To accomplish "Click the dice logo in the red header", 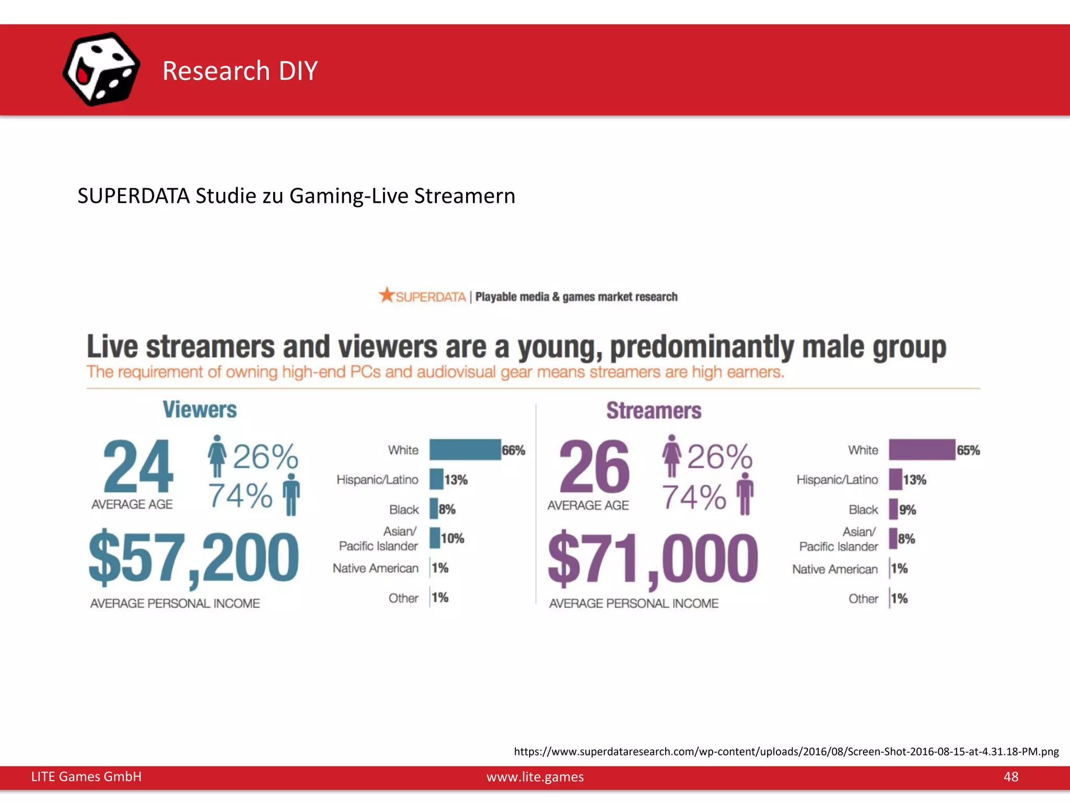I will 101,69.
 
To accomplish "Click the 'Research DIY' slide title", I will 240,71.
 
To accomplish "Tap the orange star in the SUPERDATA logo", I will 387,295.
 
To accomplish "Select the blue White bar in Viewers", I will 465,450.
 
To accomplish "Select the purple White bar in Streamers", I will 922,450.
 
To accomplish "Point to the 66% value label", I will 514,450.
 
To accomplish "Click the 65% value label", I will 968,450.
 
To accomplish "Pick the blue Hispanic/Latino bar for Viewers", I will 436,479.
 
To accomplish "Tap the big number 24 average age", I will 138,467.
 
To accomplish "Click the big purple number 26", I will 594,467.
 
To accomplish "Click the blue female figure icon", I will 217,455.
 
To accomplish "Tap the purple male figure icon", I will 745,494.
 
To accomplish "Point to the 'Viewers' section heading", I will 200,410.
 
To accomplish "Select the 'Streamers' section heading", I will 654,411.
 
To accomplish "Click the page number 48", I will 1010,776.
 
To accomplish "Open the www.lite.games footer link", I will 535,777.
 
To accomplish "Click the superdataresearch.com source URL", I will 786,752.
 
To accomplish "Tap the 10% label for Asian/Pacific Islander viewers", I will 452,538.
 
